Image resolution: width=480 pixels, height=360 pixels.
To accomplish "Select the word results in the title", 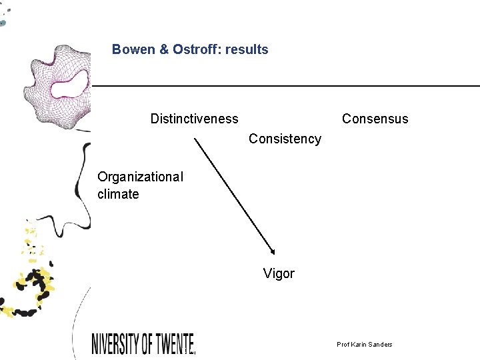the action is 247,49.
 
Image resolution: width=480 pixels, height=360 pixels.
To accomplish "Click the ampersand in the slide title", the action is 164,49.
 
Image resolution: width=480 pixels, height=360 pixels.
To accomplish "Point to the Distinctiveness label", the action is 194,119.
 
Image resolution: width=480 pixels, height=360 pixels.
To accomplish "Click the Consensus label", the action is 375,119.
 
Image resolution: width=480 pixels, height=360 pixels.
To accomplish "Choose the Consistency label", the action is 285,139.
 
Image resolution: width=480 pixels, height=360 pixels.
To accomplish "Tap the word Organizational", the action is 140,177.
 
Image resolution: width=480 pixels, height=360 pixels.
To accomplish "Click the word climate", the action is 118,194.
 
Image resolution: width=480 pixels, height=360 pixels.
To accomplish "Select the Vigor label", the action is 279,273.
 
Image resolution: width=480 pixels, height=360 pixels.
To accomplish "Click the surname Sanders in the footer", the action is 380,344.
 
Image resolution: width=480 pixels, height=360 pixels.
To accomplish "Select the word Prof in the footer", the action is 343,344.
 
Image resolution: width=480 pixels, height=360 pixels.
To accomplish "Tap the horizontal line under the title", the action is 287,86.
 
